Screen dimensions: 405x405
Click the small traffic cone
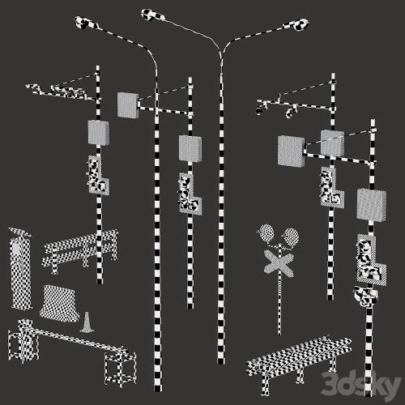point(87,322)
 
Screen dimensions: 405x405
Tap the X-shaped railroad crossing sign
point(279,263)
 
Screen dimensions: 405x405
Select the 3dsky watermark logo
point(361,384)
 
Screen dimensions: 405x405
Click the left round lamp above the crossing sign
point(266,233)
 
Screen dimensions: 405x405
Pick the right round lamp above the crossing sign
point(291,237)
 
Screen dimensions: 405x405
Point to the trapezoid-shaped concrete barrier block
point(60,303)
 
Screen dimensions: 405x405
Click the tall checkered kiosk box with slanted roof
point(20,269)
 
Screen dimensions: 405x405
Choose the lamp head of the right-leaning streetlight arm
point(297,24)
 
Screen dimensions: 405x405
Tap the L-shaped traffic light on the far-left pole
point(98,176)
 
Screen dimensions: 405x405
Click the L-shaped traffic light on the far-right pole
point(371,260)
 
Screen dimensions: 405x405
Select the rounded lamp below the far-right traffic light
point(366,296)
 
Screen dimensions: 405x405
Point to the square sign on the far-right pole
point(371,205)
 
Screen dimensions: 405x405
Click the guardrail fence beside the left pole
point(79,251)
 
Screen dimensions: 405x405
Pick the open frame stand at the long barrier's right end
point(120,369)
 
